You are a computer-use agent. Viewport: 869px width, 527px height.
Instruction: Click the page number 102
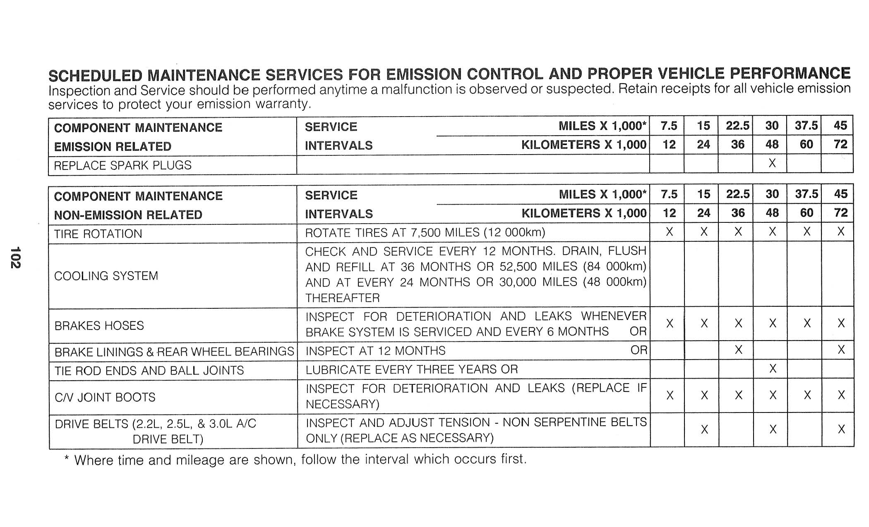pos(15,257)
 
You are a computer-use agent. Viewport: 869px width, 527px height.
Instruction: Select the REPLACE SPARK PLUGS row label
pos(123,165)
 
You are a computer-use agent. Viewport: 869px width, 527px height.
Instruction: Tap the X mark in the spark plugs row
pos(772,164)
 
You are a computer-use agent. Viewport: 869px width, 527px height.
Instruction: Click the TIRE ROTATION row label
pos(98,234)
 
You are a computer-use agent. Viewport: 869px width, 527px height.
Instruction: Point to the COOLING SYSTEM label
pos(106,276)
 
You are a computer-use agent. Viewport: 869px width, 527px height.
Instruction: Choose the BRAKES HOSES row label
pos(99,326)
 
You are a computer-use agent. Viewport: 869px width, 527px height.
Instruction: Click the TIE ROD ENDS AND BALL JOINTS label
pos(149,370)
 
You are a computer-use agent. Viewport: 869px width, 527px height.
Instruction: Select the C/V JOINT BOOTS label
pos(105,397)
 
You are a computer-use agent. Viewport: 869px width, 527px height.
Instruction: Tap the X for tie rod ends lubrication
pos(772,369)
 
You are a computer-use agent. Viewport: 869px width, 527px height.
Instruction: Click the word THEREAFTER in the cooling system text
pos(343,298)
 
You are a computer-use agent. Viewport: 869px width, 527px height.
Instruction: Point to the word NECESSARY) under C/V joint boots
pos(343,404)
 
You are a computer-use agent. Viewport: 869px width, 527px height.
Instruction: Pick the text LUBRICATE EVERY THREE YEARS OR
pos(412,370)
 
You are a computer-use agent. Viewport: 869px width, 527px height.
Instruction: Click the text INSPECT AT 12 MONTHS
pos(375,351)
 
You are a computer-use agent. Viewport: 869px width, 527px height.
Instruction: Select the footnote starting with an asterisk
pos(295,460)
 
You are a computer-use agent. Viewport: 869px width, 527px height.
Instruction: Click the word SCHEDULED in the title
pos(95,76)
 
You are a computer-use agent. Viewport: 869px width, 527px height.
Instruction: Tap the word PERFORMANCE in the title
pos(790,73)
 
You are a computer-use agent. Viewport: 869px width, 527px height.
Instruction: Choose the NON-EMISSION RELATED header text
pos(128,215)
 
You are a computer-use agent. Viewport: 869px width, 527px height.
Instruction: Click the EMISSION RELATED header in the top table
pos(113,147)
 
